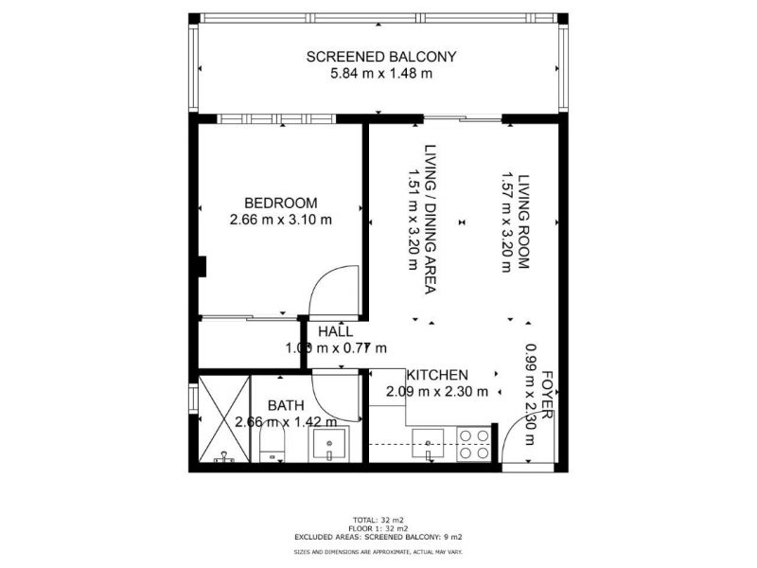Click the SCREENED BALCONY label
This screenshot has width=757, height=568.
[381, 57]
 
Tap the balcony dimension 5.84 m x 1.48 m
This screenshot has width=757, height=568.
[381, 74]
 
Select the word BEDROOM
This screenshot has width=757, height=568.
[281, 203]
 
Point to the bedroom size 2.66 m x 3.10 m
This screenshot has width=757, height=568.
[281, 220]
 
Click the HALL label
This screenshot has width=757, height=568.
[336, 331]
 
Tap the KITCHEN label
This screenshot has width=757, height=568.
[437, 375]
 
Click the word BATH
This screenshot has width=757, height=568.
[285, 405]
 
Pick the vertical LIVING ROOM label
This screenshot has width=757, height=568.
[516, 221]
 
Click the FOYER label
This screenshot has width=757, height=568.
[547, 396]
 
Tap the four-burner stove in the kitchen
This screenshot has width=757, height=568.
[474, 444]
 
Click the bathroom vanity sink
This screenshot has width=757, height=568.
[332, 444]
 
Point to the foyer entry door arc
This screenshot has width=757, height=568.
[520, 445]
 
